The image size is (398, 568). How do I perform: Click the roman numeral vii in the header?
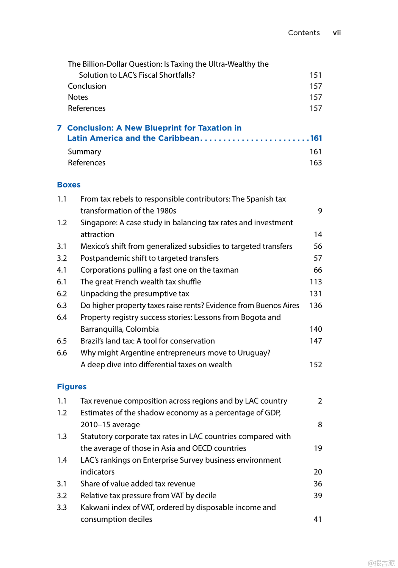pyautogui.click(x=337, y=33)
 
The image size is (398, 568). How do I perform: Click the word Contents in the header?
pyautogui.click(x=304, y=33)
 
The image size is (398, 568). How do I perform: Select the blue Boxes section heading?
pyautogui.click(x=69, y=185)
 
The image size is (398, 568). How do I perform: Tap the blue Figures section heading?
pyautogui.click(x=72, y=387)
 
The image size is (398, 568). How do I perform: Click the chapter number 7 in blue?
pyautogui.click(x=59, y=128)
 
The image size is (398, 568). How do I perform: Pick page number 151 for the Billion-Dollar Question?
pyautogui.click(x=315, y=75)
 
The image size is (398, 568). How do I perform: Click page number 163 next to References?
pyautogui.click(x=315, y=163)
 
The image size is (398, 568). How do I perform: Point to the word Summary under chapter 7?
pyautogui.click(x=84, y=152)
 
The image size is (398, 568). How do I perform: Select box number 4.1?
pyautogui.click(x=61, y=270)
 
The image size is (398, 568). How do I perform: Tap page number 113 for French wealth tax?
pyautogui.click(x=315, y=282)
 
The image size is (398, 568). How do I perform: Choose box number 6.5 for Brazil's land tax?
pyautogui.click(x=61, y=341)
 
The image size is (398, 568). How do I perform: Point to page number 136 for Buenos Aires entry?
pyautogui.click(x=315, y=306)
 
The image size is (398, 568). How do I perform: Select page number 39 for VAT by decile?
pyautogui.click(x=318, y=496)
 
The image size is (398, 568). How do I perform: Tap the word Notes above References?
pyautogui.click(x=78, y=97)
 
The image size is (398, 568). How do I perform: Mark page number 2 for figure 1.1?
pyautogui.click(x=320, y=401)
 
